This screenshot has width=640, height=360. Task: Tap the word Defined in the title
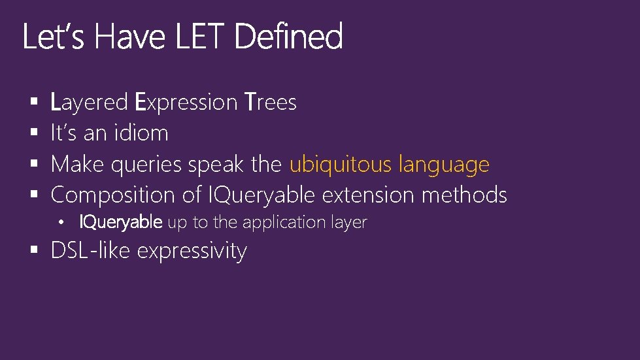288,37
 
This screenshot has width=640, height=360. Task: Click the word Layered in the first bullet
89,103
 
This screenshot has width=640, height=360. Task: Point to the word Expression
186,103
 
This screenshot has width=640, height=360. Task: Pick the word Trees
270,103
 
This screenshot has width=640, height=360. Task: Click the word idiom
140,133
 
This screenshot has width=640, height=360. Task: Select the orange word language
444,165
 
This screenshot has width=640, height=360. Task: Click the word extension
368,195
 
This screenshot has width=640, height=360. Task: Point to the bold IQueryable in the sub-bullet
120,223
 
